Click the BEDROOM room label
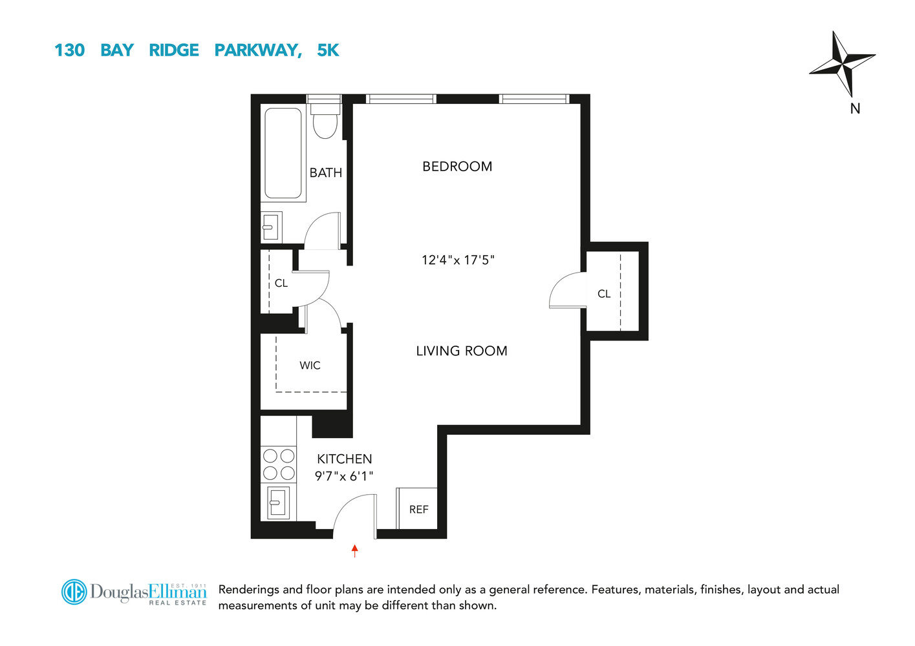point(457,167)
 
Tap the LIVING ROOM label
point(462,351)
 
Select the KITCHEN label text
point(344,459)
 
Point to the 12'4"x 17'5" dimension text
point(458,260)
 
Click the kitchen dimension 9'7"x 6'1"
point(343,477)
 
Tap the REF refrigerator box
point(418,509)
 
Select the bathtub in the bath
point(283,154)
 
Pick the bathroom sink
point(271,227)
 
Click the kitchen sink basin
point(278,502)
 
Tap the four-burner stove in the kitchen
point(279,464)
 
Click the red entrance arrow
point(354,550)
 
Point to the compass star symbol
point(842,63)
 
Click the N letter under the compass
point(855,109)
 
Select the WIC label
point(310,366)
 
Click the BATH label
point(325,173)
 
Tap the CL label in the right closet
point(604,294)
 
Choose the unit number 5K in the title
point(328,50)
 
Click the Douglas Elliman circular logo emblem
point(74,592)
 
